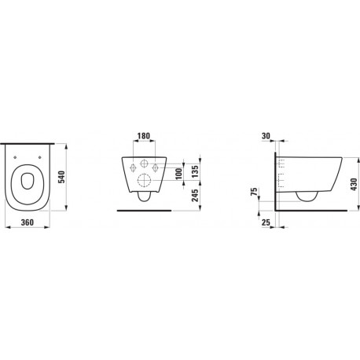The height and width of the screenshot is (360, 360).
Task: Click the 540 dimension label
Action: point(61,177)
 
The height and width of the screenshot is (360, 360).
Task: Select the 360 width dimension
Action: point(28,222)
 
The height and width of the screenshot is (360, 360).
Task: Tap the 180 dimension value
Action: point(144,136)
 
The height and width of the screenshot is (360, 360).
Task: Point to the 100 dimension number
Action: point(179,174)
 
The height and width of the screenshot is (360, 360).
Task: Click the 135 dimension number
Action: point(195,171)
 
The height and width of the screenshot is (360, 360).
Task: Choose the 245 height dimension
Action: point(195,196)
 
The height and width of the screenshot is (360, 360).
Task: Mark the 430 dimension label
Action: point(354,184)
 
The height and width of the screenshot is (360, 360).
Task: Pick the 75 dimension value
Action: point(254,192)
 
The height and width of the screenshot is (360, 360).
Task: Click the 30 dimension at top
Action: point(266,136)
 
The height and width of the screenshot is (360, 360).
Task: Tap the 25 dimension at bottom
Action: point(266,222)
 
